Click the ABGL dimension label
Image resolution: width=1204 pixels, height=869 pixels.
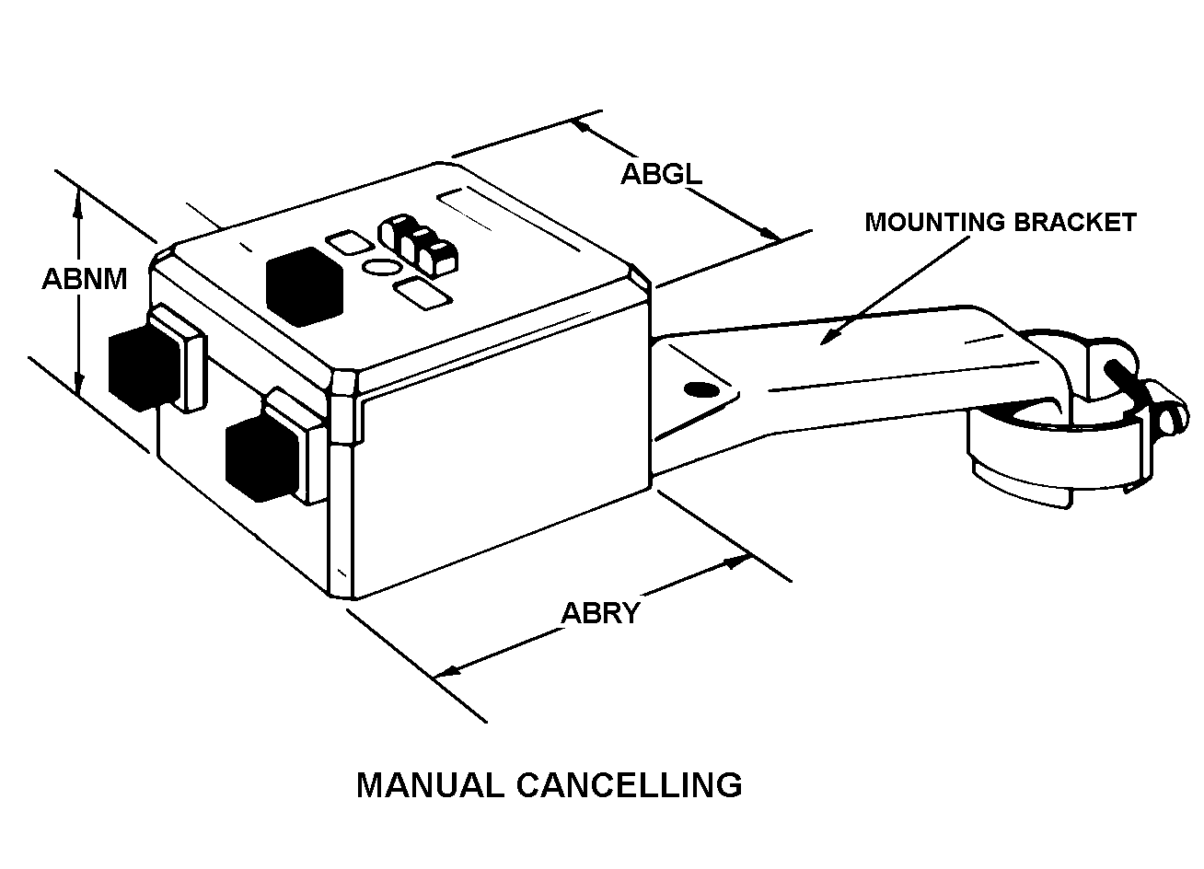pyautogui.click(x=660, y=174)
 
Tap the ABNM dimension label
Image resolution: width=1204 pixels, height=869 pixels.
pyautogui.click(x=85, y=278)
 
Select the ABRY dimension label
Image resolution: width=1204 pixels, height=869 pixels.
pyautogui.click(x=600, y=613)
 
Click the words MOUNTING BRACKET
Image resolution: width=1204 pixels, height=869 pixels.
pyautogui.click(x=1000, y=222)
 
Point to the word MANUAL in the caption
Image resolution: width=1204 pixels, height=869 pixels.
pyautogui.click(x=430, y=785)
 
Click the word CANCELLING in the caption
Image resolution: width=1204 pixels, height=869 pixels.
pyautogui.click(x=629, y=785)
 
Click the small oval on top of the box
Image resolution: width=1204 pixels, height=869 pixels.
pyautogui.click(x=381, y=268)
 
